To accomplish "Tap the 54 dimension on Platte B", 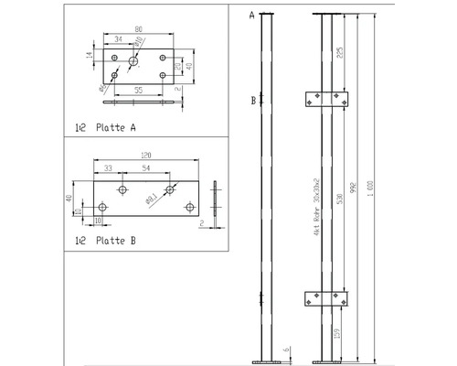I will pyautogui.click(x=146, y=170).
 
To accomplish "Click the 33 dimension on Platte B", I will pyautogui.click(x=109, y=170).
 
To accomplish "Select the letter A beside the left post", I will pyautogui.click(x=251, y=16).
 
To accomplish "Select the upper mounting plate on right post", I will pyautogui.click(x=327, y=100).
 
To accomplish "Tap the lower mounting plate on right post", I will pyautogui.click(x=327, y=297).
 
